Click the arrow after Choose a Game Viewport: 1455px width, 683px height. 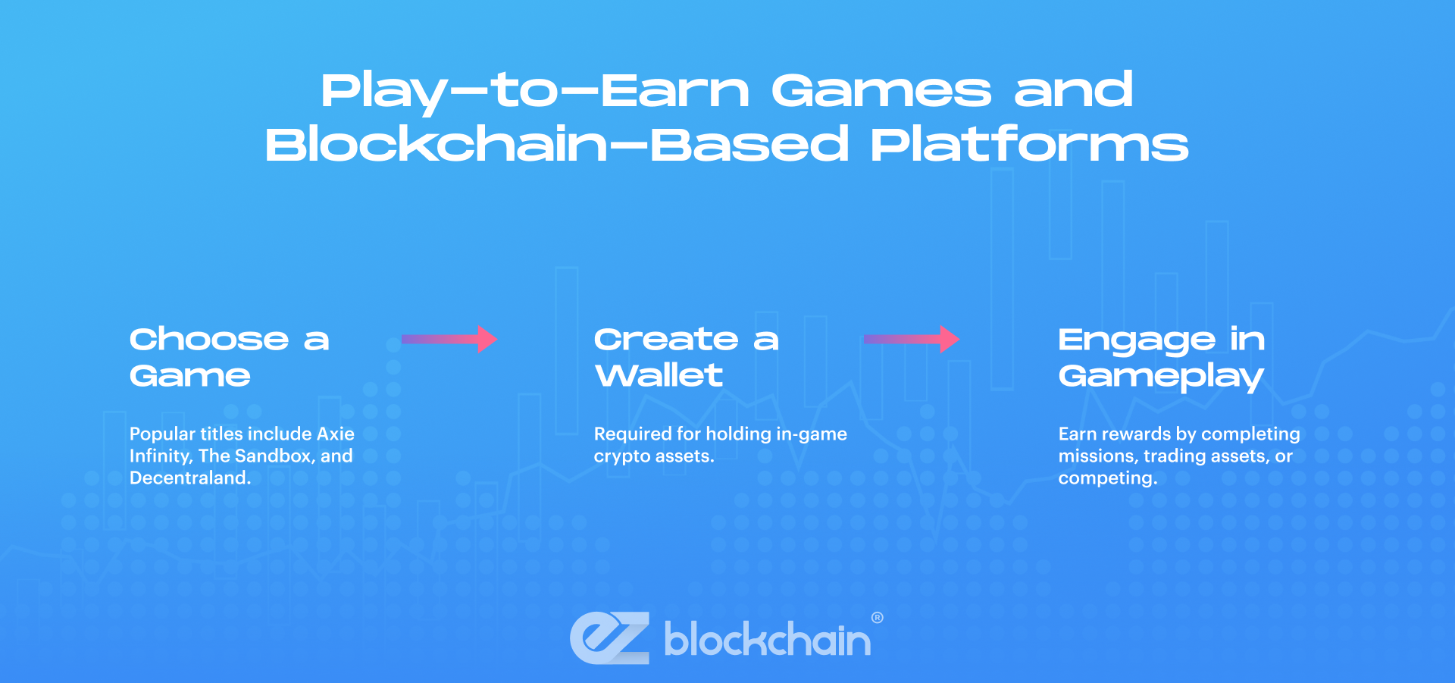click(x=449, y=339)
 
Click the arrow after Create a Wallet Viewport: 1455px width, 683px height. click(x=911, y=339)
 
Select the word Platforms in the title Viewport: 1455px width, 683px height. click(x=1029, y=145)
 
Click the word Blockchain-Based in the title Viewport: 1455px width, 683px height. click(x=556, y=145)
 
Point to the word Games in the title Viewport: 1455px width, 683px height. click(x=881, y=90)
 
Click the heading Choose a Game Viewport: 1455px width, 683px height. click(x=229, y=357)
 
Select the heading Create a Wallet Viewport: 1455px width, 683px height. click(x=686, y=357)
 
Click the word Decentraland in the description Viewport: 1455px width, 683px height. click(x=189, y=478)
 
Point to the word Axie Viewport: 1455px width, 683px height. click(x=335, y=434)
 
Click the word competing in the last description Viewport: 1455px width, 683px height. click(x=1107, y=479)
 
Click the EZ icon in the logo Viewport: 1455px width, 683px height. click(x=609, y=638)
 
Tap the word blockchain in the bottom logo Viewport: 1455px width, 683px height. click(x=767, y=641)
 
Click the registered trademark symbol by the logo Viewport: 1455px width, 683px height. click(x=877, y=618)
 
